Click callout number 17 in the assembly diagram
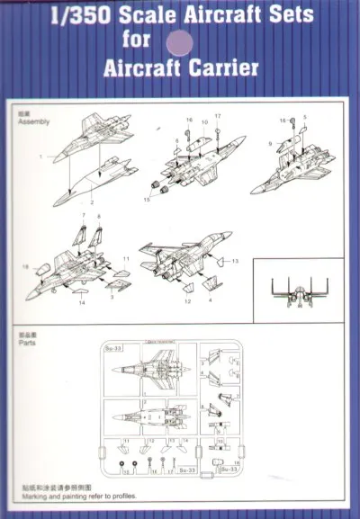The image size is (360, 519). click(x=217, y=116)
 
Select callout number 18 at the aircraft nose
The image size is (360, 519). click(x=25, y=268)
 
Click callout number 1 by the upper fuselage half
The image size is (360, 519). click(x=40, y=157)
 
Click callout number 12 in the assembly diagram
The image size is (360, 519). click(x=187, y=301)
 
